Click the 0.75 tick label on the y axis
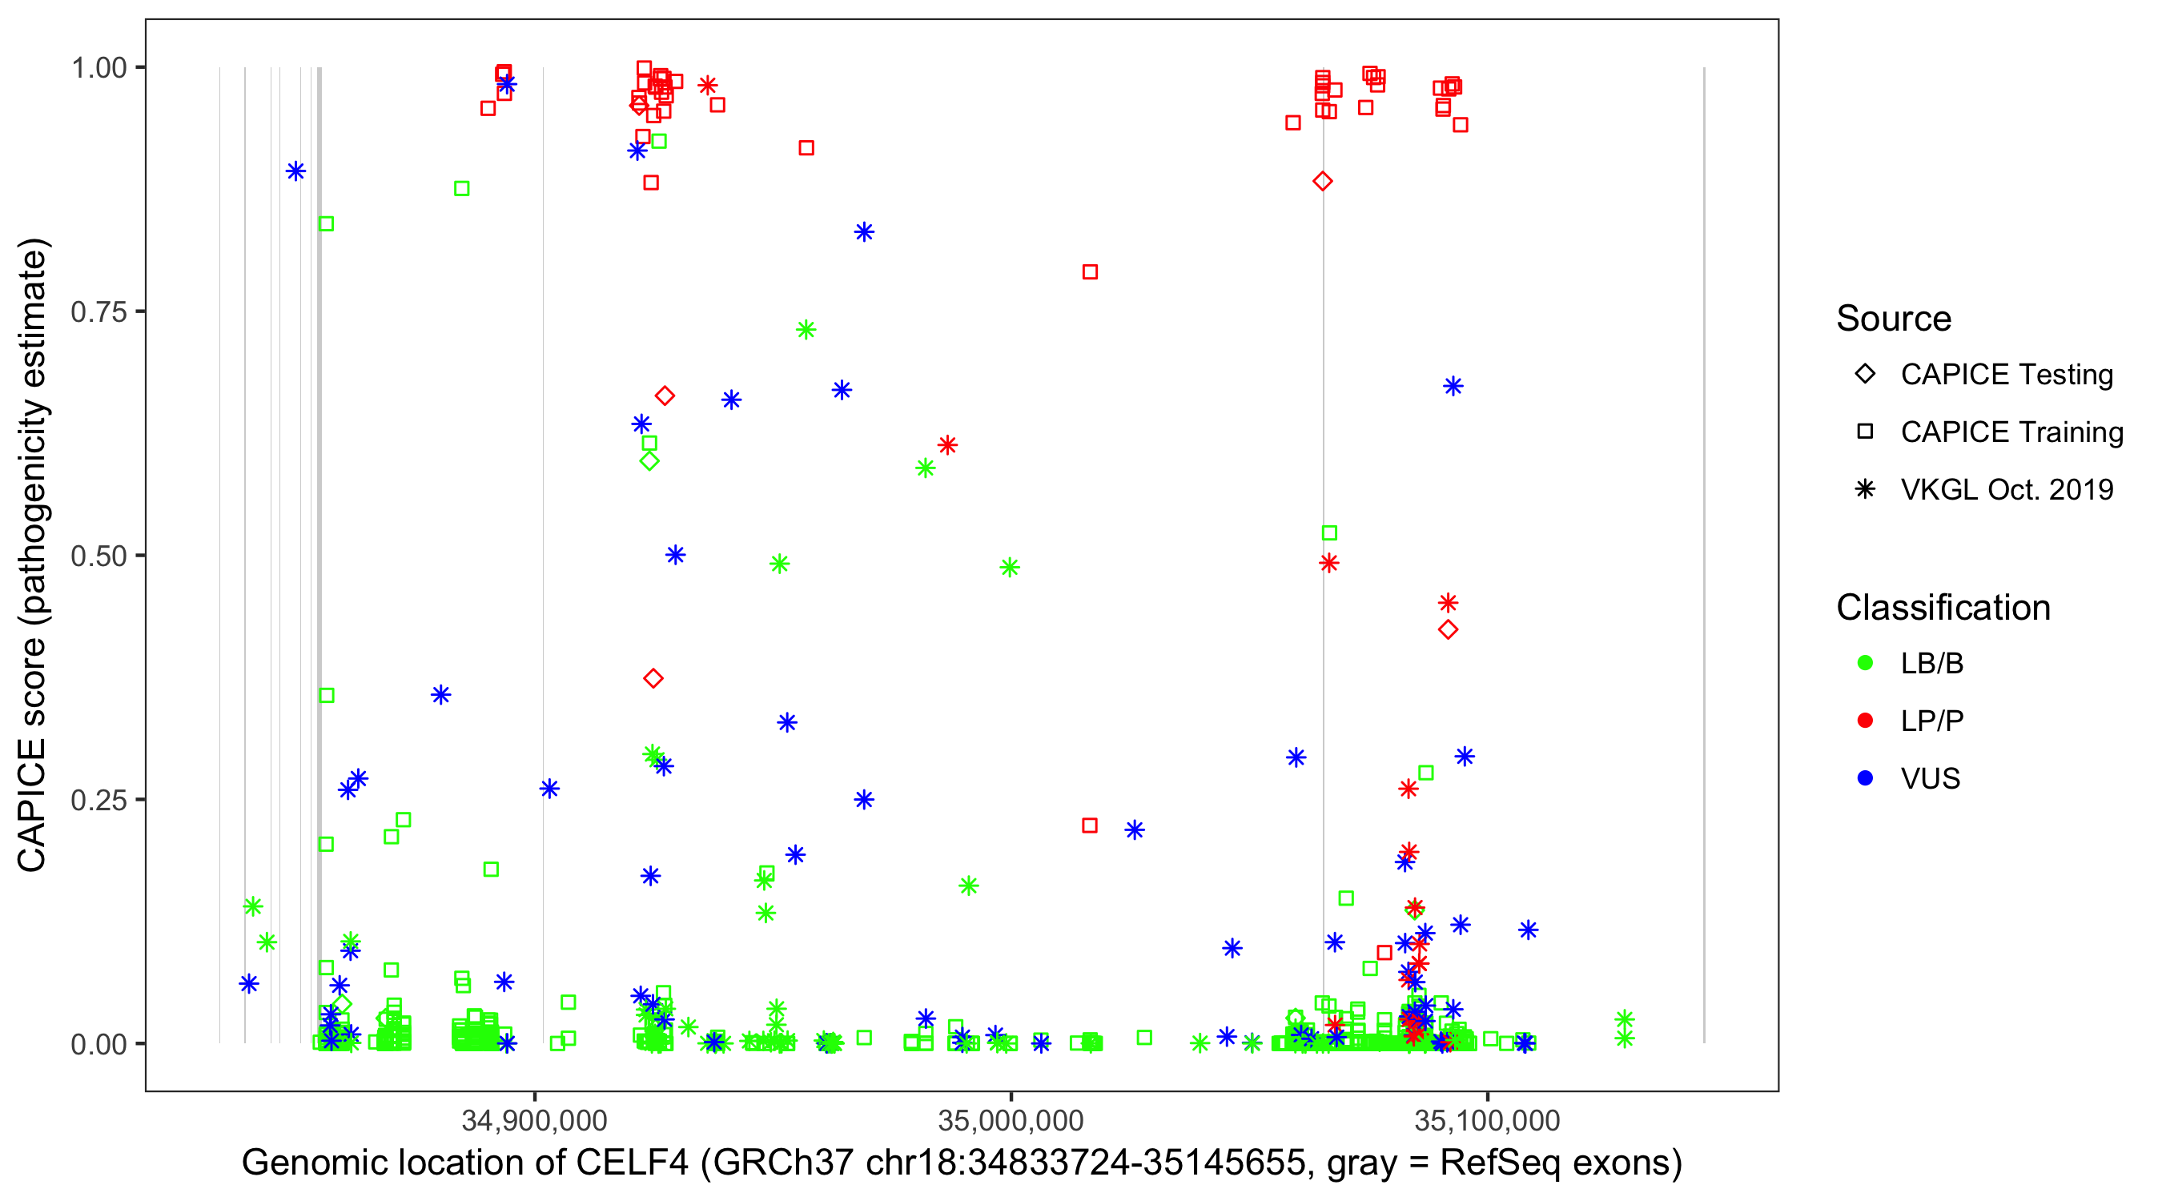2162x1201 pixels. tap(98, 311)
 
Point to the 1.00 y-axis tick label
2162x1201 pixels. tap(98, 67)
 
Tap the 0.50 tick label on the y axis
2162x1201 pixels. tap(98, 556)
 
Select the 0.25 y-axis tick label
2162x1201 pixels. tap(98, 800)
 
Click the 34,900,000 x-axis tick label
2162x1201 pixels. tap(535, 1119)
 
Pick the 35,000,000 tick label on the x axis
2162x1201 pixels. tap(1011, 1119)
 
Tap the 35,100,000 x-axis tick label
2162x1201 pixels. tap(1487, 1119)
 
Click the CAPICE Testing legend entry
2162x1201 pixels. tap(2007, 375)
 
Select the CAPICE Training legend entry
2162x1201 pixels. tap(2011, 432)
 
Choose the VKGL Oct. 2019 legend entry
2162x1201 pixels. tap(2007, 489)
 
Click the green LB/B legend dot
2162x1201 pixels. tap(1865, 663)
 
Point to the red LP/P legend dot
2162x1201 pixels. tap(1865, 721)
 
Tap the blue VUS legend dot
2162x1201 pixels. tap(1865, 778)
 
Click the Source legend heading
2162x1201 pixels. tap(1894, 319)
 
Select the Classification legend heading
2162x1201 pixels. tap(1943, 608)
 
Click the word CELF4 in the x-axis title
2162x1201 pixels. tap(632, 1163)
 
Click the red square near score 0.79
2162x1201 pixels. tap(1089, 272)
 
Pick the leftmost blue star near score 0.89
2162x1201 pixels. tap(295, 171)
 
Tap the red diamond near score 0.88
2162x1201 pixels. tap(1323, 181)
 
